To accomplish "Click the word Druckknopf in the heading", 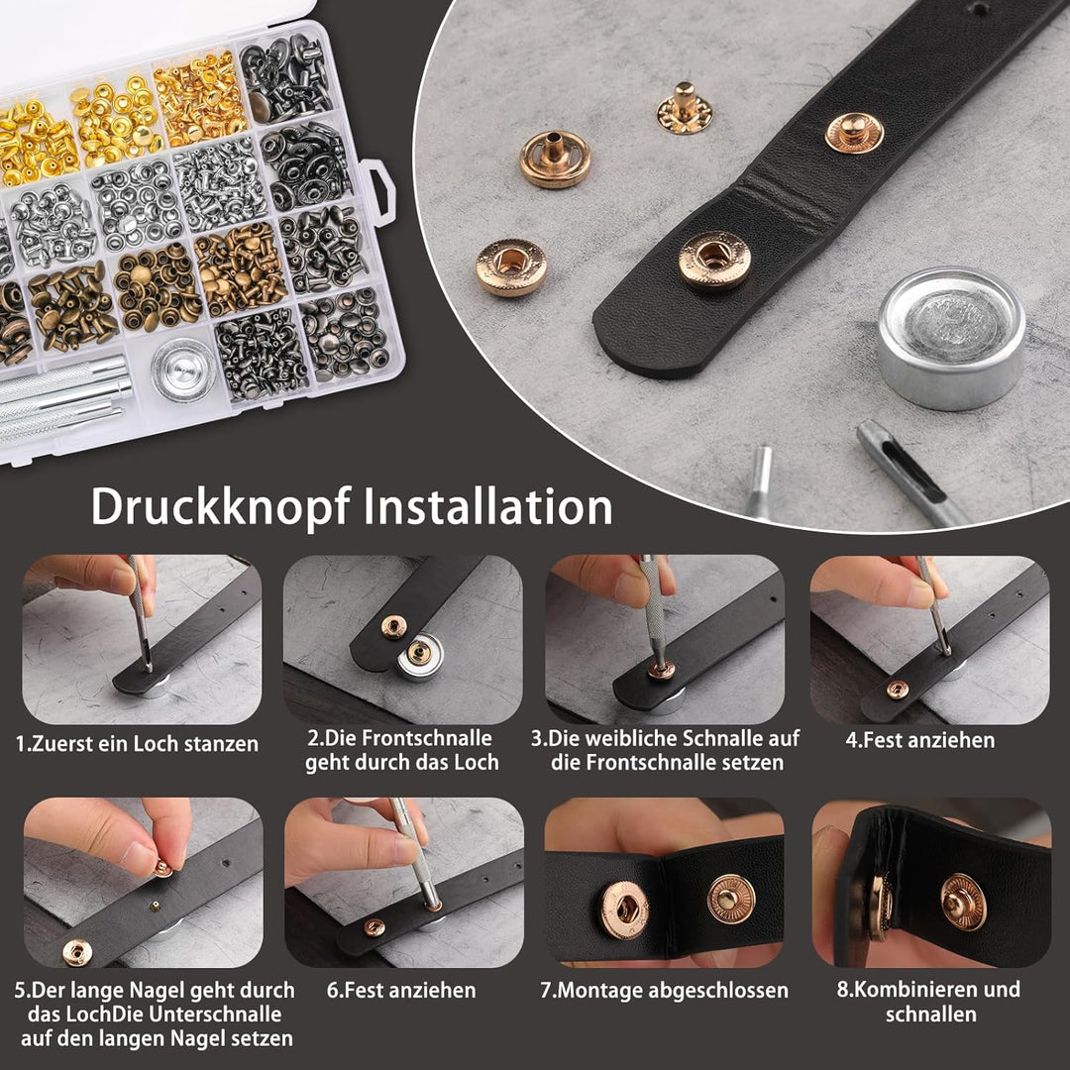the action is (x=220, y=507).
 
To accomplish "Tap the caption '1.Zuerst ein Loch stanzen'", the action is (x=137, y=743).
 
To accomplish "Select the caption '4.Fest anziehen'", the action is (x=919, y=740).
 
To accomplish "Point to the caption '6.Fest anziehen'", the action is (x=401, y=990).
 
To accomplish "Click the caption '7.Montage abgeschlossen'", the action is (x=664, y=990).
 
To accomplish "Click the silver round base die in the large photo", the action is (x=950, y=338).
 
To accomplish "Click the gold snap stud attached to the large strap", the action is (x=854, y=133).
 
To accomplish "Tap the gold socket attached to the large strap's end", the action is (x=714, y=260).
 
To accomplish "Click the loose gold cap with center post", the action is (x=555, y=159).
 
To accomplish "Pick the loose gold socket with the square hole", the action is (x=511, y=267).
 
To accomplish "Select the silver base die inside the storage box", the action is (x=183, y=369).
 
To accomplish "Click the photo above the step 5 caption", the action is (x=144, y=883).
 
